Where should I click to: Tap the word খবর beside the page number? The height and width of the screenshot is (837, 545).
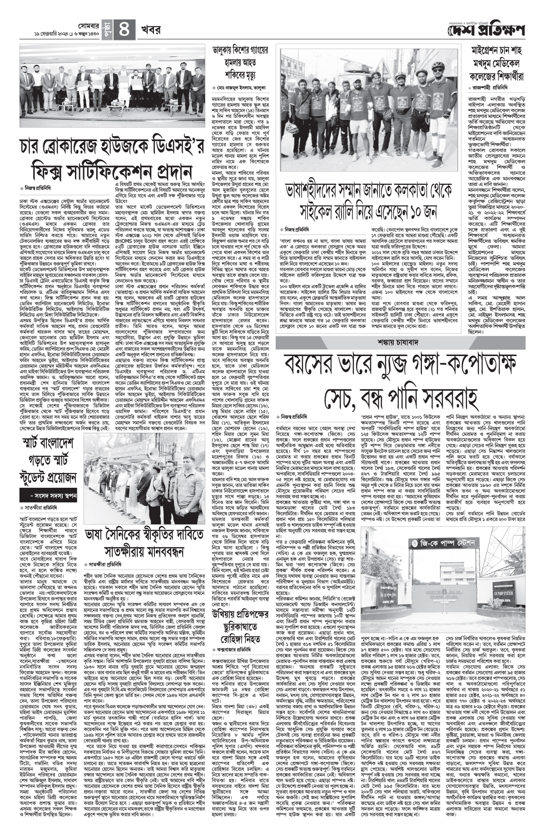(150, 31)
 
